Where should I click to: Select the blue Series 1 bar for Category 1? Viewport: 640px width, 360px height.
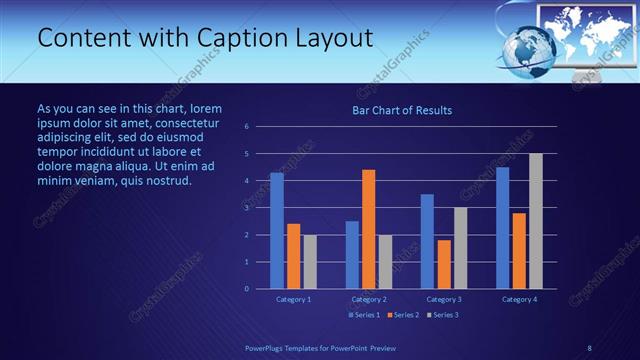(x=277, y=231)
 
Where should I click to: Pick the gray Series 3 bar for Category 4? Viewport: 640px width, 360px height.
(x=536, y=221)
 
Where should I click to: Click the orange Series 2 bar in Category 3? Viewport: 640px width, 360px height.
(x=444, y=264)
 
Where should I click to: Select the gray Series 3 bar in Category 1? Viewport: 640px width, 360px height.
(x=310, y=261)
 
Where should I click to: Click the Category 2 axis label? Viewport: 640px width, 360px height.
(x=369, y=299)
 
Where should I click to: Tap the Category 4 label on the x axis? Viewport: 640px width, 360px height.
(x=519, y=299)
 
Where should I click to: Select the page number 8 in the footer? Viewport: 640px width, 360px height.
(x=589, y=347)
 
